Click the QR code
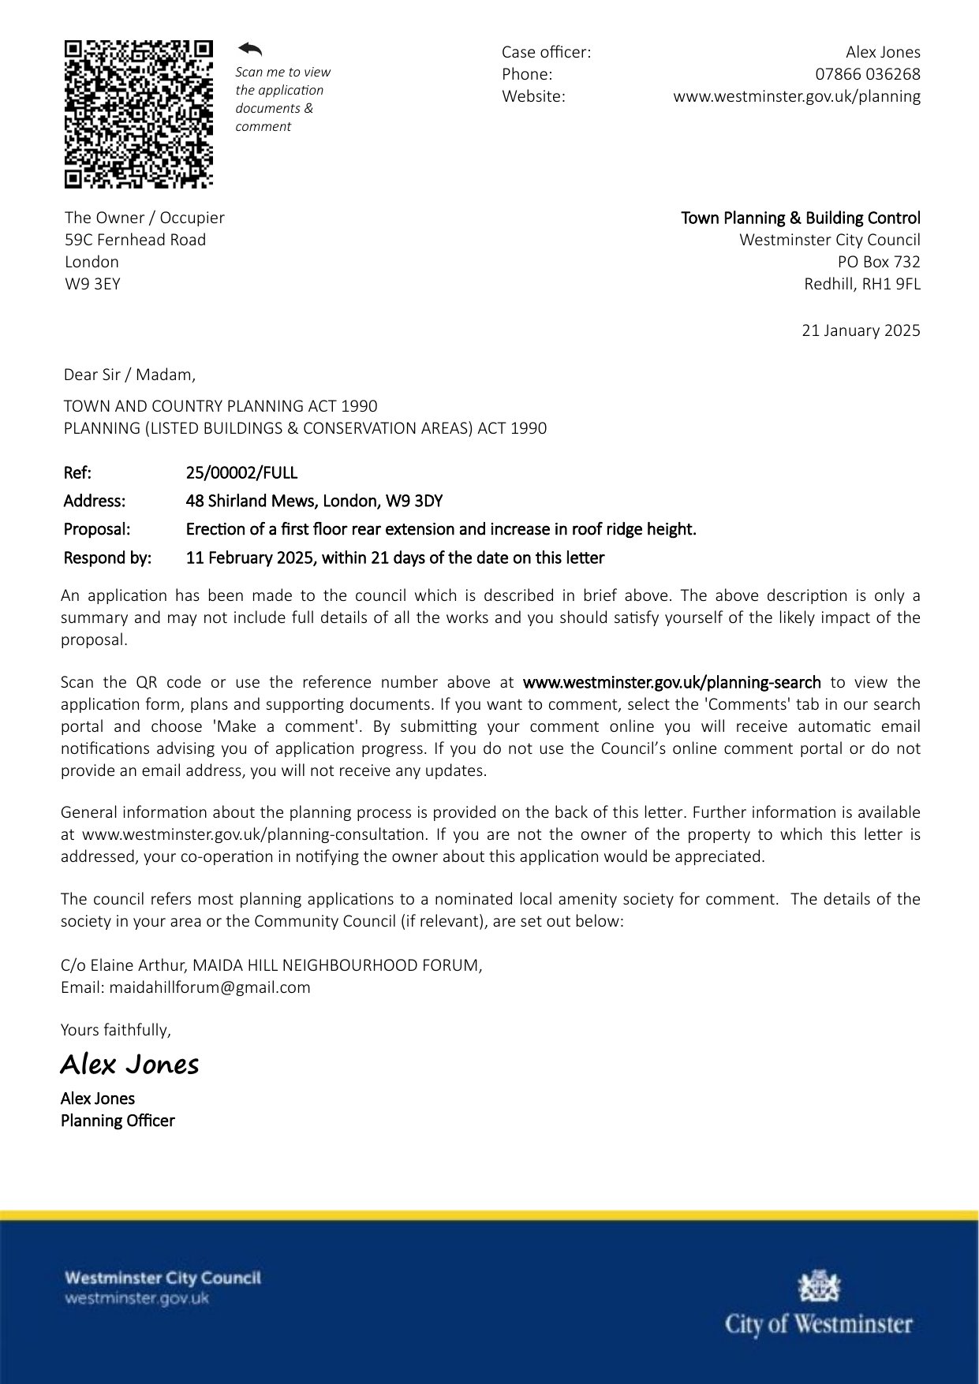(x=139, y=114)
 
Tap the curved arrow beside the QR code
(x=250, y=50)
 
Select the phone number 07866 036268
(x=867, y=74)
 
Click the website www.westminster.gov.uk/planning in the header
(x=796, y=96)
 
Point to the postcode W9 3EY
(x=92, y=284)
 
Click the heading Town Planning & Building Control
(x=800, y=218)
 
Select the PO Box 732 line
(x=878, y=262)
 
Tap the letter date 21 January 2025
(x=861, y=330)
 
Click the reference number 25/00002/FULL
(x=241, y=473)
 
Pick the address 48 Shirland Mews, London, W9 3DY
(x=314, y=501)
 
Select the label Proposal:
(x=97, y=529)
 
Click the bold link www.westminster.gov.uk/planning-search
(x=671, y=682)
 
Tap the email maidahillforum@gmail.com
(x=209, y=987)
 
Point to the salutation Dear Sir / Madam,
(x=129, y=375)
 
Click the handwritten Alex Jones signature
(x=129, y=1065)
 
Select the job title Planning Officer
(x=118, y=1121)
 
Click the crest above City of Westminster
(x=819, y=1286)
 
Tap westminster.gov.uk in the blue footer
(x=136, y=1299)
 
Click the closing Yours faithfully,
(x=116, y=1030)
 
